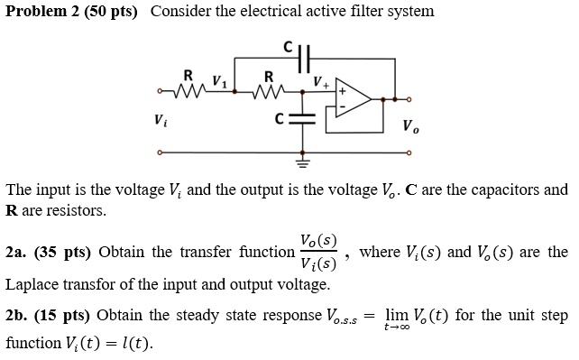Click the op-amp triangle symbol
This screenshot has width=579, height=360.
point(353,99)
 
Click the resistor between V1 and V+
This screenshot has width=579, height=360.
point(268,89)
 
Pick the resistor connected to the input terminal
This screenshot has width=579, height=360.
point(187,89)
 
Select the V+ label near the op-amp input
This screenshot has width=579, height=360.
point(320,81)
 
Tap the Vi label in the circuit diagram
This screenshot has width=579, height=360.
point(160,118)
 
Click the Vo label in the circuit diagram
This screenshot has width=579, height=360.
point(410,125)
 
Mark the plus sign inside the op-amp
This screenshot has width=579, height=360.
point(343,92)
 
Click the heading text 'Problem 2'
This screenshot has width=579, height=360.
point(40,12)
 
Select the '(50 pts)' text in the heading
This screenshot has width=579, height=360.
point(111,12)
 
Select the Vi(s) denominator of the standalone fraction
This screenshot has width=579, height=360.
point(319,265)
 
